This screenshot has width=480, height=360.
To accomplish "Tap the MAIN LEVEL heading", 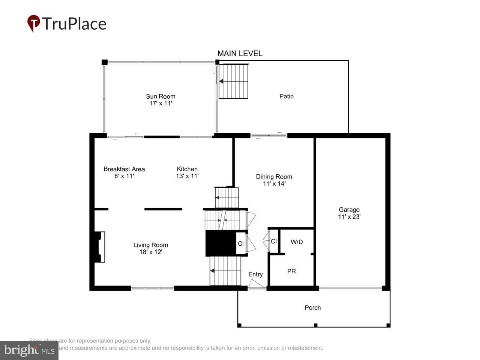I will [x=240, y=54].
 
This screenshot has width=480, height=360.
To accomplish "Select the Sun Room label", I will [x=160, y=96].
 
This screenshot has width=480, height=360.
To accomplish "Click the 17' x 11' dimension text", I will [x=160, y=103].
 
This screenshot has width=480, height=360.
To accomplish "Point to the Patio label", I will [x=286, y=96].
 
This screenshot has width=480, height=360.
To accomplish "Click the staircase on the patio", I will [x=234, y=81].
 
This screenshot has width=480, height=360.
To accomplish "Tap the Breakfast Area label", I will [x=124, y=169].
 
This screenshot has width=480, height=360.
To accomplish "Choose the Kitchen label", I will [x=187, y=169].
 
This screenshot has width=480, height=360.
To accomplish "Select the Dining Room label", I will [x=274, y=177].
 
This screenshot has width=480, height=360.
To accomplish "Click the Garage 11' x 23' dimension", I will [x=349, y=217].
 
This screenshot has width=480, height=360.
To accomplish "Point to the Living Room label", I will [x=150, y=245].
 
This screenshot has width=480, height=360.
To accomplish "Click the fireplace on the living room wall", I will [x=99, y=247].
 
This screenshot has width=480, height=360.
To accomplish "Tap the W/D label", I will [x=297, y=242].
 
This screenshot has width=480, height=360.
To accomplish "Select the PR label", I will [x=291, y=271].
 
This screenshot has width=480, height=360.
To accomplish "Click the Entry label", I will [x=255, y=274].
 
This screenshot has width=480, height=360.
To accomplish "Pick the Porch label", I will [x=312, y=307].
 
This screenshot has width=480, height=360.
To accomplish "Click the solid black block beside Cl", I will [x=220, y=243].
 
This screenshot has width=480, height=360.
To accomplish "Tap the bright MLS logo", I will [x=29, y=350].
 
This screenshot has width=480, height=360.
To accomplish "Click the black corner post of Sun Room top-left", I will [x=105, y=62].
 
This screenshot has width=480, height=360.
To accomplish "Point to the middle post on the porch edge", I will [x=316, y=325].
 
